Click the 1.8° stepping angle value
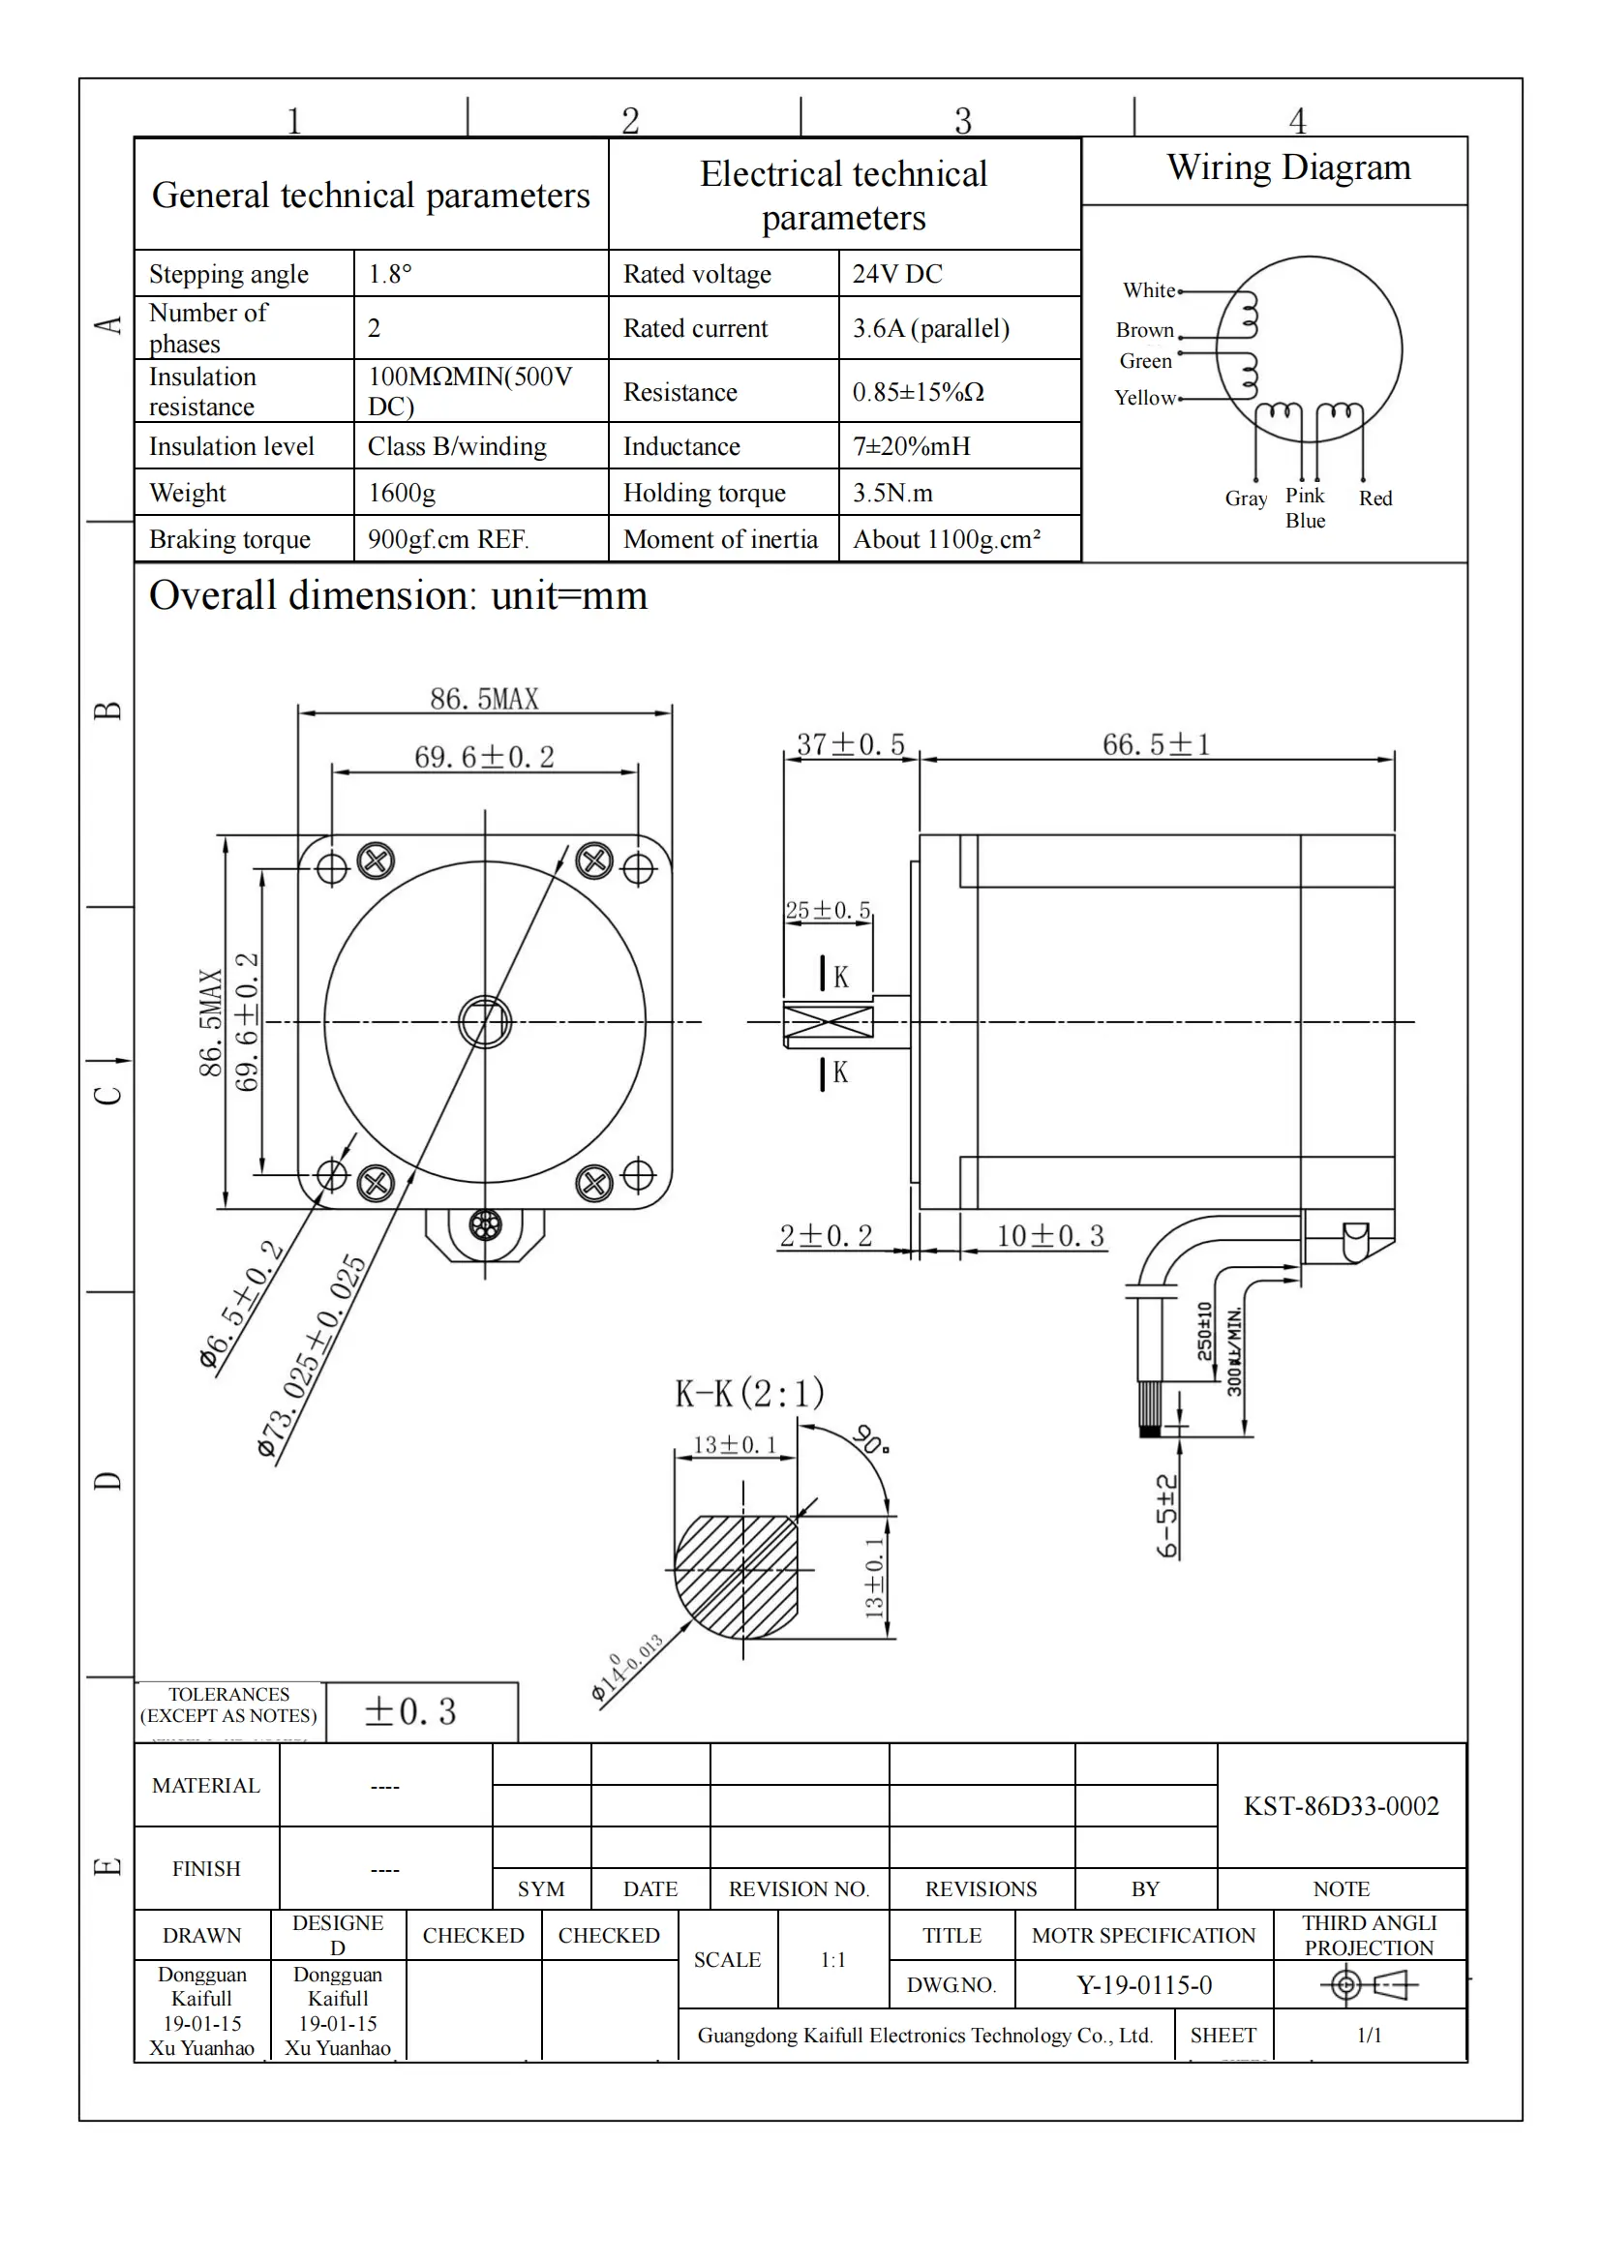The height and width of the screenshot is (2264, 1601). pos(389,274)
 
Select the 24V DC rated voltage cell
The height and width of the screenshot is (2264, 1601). pos(896,274)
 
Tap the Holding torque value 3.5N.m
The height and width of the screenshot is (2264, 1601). pos(892,493)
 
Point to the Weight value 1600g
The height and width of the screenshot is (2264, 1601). pos(402,493)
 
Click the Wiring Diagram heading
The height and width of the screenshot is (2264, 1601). pos(1287,167)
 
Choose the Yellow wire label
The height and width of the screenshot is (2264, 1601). pos(1144,399)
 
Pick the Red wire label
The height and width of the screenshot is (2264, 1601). pos(1374,498)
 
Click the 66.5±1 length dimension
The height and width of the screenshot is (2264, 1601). pos(1156,744)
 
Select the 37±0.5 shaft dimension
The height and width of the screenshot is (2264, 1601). pos(850,744)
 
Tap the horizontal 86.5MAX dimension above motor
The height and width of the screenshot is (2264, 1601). pos(484,699)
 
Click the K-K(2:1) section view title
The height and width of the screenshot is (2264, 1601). pos(749,1393)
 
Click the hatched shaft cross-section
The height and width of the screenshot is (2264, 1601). pos(737,1576)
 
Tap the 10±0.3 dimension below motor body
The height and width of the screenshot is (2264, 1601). pos(1050,1236)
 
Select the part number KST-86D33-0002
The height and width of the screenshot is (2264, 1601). pos(1341,1806)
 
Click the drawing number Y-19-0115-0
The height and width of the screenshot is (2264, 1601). pos(1143,1985)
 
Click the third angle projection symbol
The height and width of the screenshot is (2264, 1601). pos(1369,1984)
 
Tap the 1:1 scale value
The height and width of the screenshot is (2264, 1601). pos(833,1960)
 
